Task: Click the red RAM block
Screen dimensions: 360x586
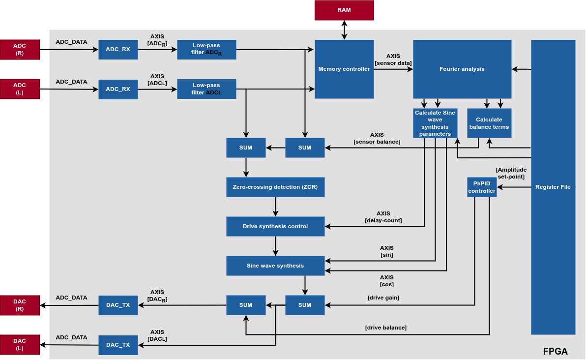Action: click(x=344, y=10)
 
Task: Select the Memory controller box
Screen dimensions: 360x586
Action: click(x=344, y=69)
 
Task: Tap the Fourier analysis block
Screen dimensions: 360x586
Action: click(x=462, y=69)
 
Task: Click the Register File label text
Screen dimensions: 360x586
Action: click(x=553, y=187)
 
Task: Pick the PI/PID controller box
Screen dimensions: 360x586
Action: click(x=481, y=187)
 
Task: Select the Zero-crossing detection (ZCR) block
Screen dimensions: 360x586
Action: click(x=275, y=187)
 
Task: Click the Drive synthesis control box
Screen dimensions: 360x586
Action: click(x=275, y=226)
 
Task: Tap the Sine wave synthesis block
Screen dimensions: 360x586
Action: click(x=275, y=266)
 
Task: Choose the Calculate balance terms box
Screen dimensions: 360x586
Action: click(x=489, y=123)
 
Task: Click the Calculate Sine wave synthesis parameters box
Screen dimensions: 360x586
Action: click(x=435, y=123)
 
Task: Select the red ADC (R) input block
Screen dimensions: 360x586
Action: click(x=20, y=50)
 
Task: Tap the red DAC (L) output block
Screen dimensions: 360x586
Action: click(x=20, y=344)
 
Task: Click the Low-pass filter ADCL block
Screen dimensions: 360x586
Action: click(x=206, y=89)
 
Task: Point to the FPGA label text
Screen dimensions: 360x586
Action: click(x=555, y=351)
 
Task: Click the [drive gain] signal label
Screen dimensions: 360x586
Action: click(x=383, y=298)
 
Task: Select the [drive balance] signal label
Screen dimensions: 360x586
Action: click(x=385, y=328)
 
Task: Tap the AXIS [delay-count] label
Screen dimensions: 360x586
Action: click(x=383, y=217)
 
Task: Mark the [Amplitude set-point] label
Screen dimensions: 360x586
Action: click(x=511, y=173)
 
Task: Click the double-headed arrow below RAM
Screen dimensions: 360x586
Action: click(x=344, y=30)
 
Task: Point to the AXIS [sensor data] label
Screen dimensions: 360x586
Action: click(x=393, y=60)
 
